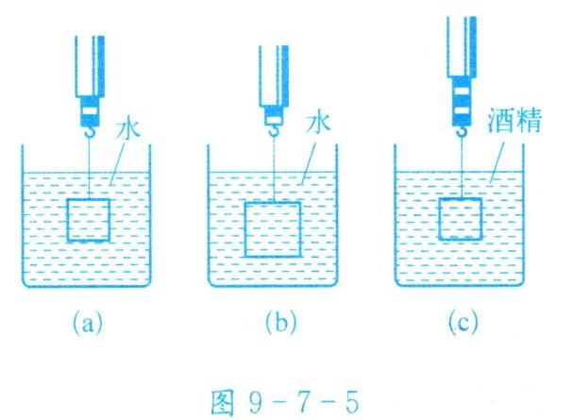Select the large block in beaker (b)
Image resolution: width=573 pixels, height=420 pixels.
pyautogui.click(x=272, y=228)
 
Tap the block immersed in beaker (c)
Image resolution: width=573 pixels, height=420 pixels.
pyautogui.click(x=462, y=221)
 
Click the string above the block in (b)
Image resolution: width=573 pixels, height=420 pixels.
pyautogui.click(x=272, y=175)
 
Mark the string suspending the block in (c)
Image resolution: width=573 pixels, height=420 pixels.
pyautogui.click(x=462, y=170)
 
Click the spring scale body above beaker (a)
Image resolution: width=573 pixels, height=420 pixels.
pyautogui.click(x=89, y=76)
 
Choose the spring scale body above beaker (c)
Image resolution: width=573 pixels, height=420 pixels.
pyautogui.click(x=462, y=66)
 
